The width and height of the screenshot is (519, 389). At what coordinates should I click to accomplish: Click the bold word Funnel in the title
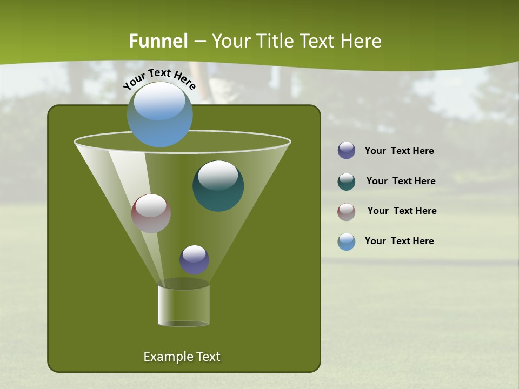pos(158,41)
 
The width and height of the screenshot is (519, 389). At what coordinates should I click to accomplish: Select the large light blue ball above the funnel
pos(160,115)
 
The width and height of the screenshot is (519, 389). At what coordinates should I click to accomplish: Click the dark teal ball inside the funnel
pos(218,186)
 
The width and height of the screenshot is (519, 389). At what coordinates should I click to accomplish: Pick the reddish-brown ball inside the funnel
pos(151,213)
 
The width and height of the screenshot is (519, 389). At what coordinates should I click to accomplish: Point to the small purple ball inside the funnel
pos(194,259)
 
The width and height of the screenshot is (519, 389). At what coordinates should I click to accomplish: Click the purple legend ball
pos(347,151)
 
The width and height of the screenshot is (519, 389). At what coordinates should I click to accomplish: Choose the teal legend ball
pos(347,182)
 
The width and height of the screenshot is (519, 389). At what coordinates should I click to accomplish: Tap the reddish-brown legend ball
pos(347,212)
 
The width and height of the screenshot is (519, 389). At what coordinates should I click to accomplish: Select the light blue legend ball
pos(347,242)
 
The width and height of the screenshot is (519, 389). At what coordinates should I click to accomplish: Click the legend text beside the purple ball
pos(399,151)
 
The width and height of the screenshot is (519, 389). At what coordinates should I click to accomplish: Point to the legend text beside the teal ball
pos(401,181)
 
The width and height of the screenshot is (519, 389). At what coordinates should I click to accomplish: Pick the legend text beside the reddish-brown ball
pos(402,211)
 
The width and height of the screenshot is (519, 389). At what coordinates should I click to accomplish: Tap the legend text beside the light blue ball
pos(399,241)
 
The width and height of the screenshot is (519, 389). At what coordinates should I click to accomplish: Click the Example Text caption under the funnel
pos(182,357)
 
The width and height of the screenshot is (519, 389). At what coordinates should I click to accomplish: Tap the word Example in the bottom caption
pos(165,357)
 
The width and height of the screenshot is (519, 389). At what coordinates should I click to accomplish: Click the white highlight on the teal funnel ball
pos(218,175)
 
